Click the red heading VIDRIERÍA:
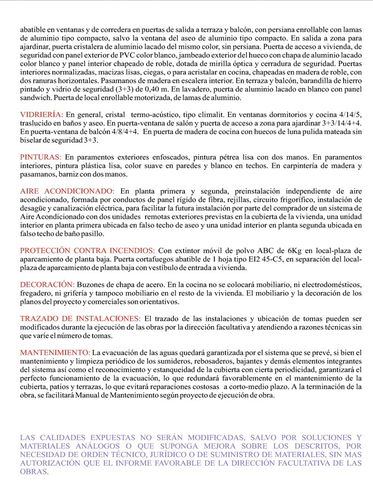click(x=41, y=114)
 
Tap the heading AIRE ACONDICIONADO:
click(x=67, y=191)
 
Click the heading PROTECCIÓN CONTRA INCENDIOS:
click(x=88, y=251)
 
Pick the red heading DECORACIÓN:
click(x=47, y=285)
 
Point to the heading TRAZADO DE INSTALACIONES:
click(x=80, y=318)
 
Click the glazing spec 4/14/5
click(x=352, y=114)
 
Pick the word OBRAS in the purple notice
click(x=34, y=472)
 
